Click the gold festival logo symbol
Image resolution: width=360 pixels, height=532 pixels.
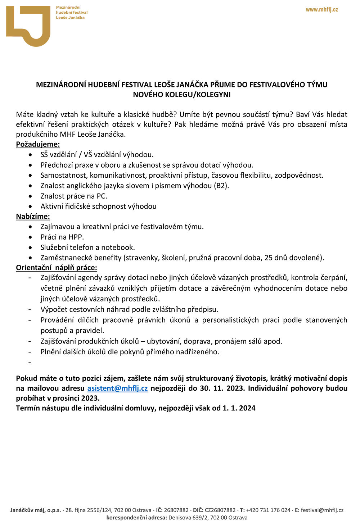point(28,26)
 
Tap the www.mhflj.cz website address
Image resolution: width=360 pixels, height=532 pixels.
point(322,10)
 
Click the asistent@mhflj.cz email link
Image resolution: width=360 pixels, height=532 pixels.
point(117,388)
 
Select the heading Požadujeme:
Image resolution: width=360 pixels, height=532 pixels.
point(38,144)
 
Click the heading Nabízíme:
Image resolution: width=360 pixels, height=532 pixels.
point(33,217)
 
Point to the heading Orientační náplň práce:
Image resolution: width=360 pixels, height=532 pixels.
point(57,268)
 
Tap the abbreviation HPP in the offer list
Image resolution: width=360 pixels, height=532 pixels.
point(76,237)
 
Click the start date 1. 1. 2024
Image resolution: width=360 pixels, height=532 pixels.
point(239,408)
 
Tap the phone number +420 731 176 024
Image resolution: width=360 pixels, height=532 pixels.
point(268,510)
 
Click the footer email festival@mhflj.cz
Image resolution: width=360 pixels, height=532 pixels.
point(322,510)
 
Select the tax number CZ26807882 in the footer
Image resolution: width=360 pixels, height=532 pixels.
point(220,510)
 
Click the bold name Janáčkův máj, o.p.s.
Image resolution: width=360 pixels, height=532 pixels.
point(36,510)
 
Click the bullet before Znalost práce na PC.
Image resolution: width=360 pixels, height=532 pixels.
point(31,196)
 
